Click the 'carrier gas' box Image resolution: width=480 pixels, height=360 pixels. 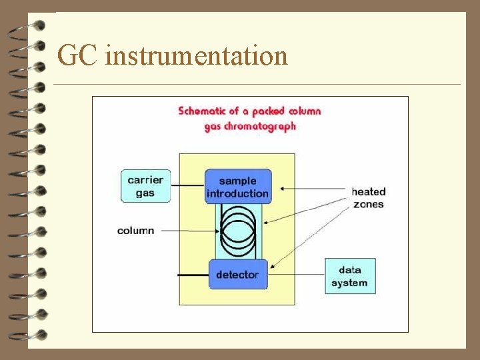pos(145,186)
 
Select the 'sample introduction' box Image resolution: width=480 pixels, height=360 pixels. pos(238,187)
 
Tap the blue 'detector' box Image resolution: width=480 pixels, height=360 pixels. pos(237,274)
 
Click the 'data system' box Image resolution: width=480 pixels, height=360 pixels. pos(350,276)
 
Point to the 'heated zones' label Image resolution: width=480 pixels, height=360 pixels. pos(369,198)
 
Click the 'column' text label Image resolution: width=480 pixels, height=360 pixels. pos(135,231)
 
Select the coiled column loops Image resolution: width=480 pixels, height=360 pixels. pos(238,231)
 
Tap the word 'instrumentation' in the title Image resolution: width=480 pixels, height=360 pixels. pos(196,55)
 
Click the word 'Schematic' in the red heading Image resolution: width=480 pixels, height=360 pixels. pos(205,111)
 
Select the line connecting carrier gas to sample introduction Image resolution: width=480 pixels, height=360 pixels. pos(187,186)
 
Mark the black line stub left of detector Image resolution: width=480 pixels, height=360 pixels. pos(193,274)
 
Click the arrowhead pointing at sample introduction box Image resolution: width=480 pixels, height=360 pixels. pos(284,189)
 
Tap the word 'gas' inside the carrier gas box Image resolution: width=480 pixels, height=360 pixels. pos(145,193)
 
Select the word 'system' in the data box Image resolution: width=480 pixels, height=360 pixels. pos(349,283)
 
